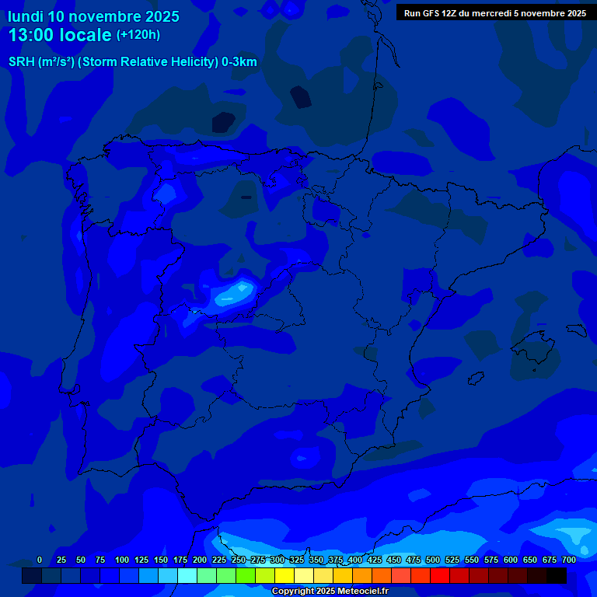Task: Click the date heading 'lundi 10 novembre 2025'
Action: (x=93, y=16)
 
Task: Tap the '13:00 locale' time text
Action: (x=60, y=35)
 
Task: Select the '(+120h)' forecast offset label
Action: (x=138, y=35)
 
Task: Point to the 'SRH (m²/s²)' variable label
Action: (x=41, y=62)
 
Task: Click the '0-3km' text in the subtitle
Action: (x=239, y=62)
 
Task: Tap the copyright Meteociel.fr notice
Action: (x=330, y=592)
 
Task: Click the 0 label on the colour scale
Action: (x=40, y=560)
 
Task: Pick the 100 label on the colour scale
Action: (x=122, y=560)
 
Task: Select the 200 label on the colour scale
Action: (x=200, y=560)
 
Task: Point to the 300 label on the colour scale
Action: (x=278, y=560)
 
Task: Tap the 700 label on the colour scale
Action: (x=569, y=560)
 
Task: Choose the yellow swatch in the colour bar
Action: (x=285, y=575)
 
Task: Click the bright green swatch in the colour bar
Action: (x=246, y=575)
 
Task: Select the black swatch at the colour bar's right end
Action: (x=557, y=575)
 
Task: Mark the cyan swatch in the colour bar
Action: (x=187, y=575)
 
